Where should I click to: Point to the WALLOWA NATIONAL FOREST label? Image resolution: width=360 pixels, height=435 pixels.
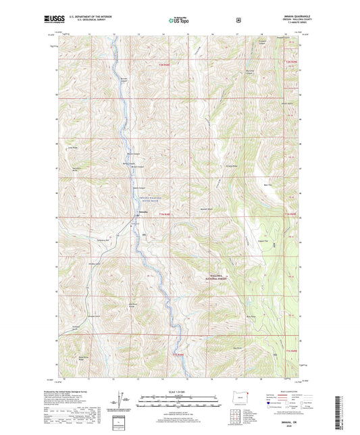click(x=220, y=276)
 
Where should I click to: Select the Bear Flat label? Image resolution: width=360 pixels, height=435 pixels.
click(x=267, y=183)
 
